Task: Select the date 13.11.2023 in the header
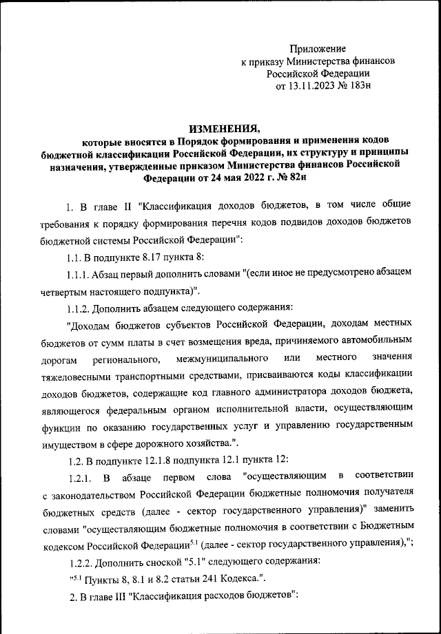318,87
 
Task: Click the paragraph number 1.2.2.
80,560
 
